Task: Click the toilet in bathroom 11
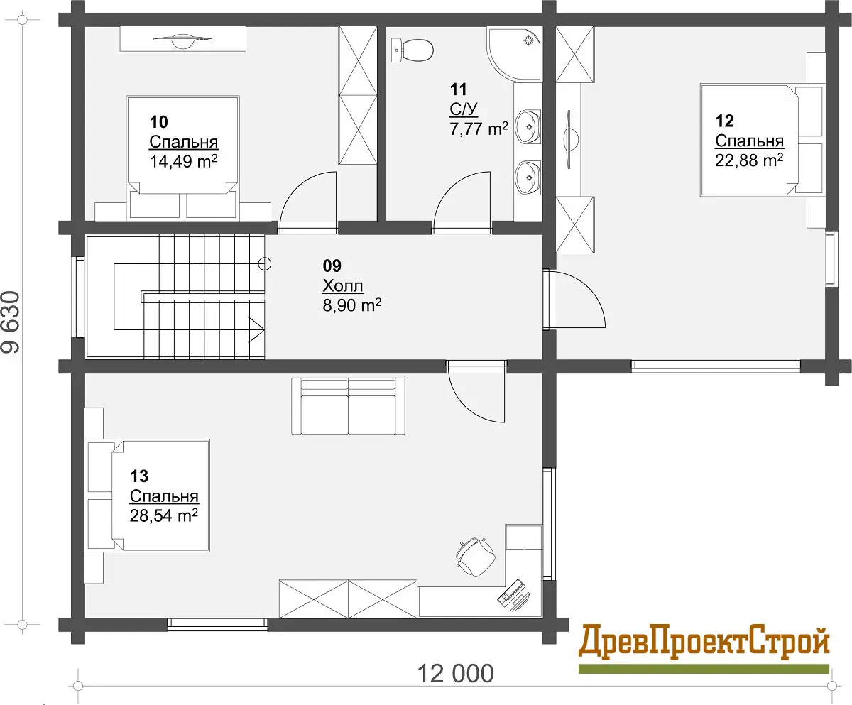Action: click(412, 50)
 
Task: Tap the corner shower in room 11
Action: click(515, 54)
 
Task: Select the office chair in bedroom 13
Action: click(476, 557)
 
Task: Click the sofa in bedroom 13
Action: click(348, 406)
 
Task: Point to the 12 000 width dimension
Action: click(455, 674)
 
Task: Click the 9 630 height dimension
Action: click(11, 322)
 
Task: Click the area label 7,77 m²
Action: click(479, 129)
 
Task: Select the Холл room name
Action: click(343, 285)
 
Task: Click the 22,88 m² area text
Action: click(749, 160)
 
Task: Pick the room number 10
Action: click(159, 121)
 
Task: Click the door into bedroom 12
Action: click(574, 299)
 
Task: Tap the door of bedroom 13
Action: click(476, 392)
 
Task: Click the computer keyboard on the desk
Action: click(510, 591)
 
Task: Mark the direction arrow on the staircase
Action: click(256, 329)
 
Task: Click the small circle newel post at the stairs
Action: click(265, 264)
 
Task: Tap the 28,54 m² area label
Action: click(163, 515)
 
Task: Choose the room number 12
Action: click(725, 121)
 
